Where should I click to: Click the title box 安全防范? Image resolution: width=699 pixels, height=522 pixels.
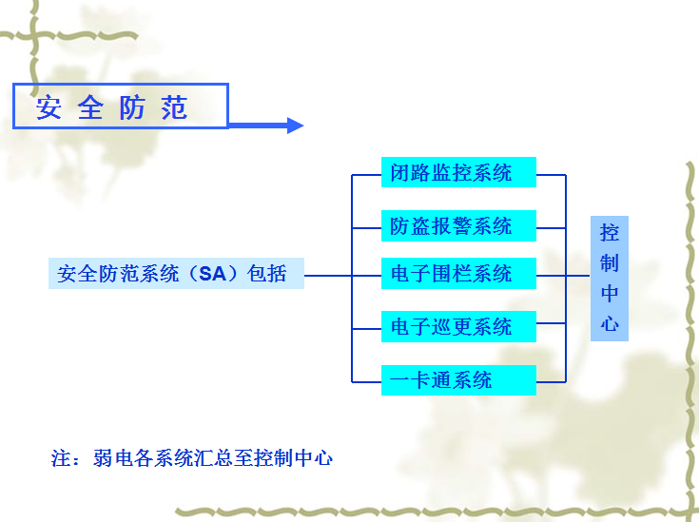[120, 106]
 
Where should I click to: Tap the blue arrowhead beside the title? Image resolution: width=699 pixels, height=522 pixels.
[295, 126]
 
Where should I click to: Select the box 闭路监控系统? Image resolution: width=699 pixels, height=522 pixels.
[458, 173]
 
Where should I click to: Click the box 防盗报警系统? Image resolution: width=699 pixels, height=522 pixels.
[458, 226]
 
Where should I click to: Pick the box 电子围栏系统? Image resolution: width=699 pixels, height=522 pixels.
[458, 274]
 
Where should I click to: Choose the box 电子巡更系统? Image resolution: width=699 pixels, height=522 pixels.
[458, 327]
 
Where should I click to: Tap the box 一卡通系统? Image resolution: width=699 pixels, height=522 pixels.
[458, 380]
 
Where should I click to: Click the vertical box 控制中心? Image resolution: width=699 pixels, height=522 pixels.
[610, 278]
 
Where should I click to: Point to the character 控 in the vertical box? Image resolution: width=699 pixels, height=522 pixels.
[610, 234]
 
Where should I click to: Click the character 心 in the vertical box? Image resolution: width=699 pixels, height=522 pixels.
[610, 323]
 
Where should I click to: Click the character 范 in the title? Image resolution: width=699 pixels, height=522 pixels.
[175, 107]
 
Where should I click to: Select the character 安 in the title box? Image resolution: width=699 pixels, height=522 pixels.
[49, 107]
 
